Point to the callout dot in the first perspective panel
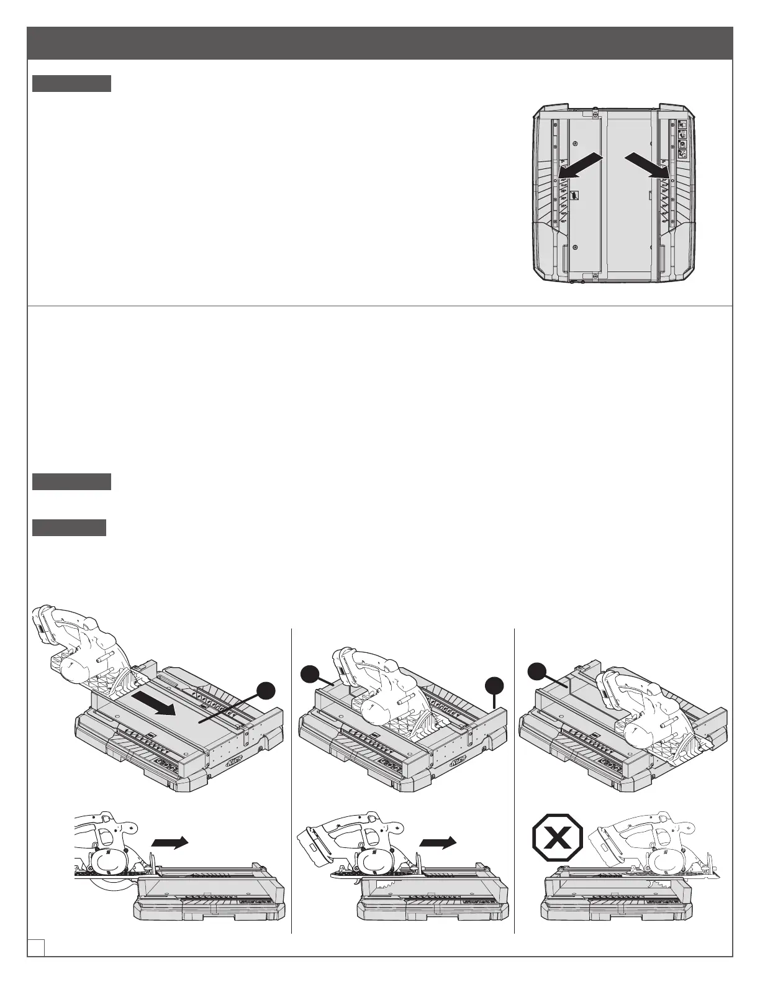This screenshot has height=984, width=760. tap(266, 690)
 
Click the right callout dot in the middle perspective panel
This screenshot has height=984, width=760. tap(495, 686)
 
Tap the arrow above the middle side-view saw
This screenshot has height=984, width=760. tap(438, 841)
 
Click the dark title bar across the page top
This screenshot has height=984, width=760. tap(380, 43)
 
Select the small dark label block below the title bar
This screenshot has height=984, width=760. tap(71, 83)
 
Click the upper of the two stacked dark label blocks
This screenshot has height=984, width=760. tap(71, 481)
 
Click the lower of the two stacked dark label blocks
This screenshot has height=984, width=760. tap(69, 528)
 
